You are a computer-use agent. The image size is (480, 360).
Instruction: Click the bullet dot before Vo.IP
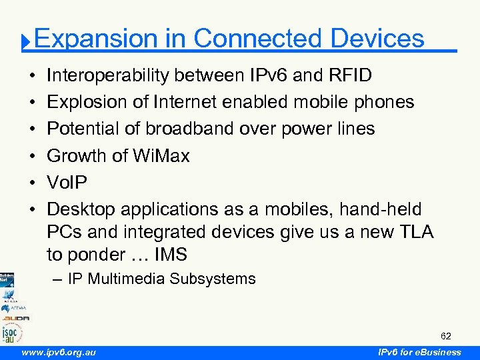coord(33,182)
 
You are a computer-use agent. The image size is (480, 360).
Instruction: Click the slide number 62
coord(445,335)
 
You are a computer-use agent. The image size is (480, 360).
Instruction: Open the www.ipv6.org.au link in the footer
coord(59,352)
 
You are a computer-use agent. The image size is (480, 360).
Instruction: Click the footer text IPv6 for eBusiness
coord(419,352)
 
